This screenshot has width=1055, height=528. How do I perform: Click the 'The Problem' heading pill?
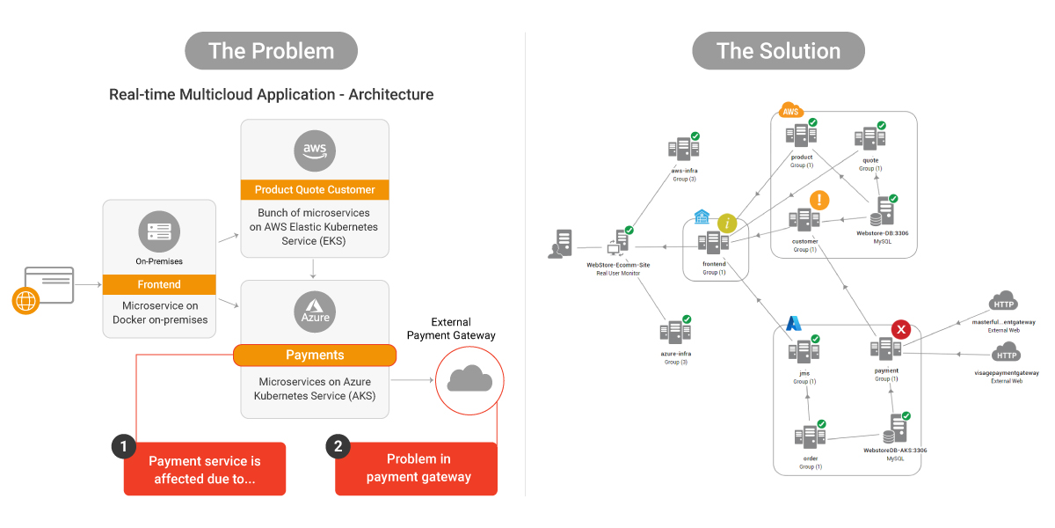point(271,51)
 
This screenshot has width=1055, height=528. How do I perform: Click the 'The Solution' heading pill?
point(778,51)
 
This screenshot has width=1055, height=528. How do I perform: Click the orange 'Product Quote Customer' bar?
point(315,189)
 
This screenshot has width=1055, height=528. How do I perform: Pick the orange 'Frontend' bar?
point(159,284)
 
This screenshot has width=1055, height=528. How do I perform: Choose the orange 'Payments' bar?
point(315,355)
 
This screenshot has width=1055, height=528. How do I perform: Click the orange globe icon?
point(25,300)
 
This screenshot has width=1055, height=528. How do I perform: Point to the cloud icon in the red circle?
point(469,379)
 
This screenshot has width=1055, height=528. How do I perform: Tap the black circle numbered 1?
point(124,446)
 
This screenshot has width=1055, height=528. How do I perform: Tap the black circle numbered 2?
point(338,446)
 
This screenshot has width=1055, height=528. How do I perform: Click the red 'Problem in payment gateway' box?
point(418,468)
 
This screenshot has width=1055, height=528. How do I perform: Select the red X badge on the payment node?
point(901,330)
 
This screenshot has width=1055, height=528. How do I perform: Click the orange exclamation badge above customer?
point(819,201)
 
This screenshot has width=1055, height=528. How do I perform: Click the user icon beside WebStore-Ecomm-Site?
point(560,244)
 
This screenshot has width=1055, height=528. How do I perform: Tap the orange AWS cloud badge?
point(791,111)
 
